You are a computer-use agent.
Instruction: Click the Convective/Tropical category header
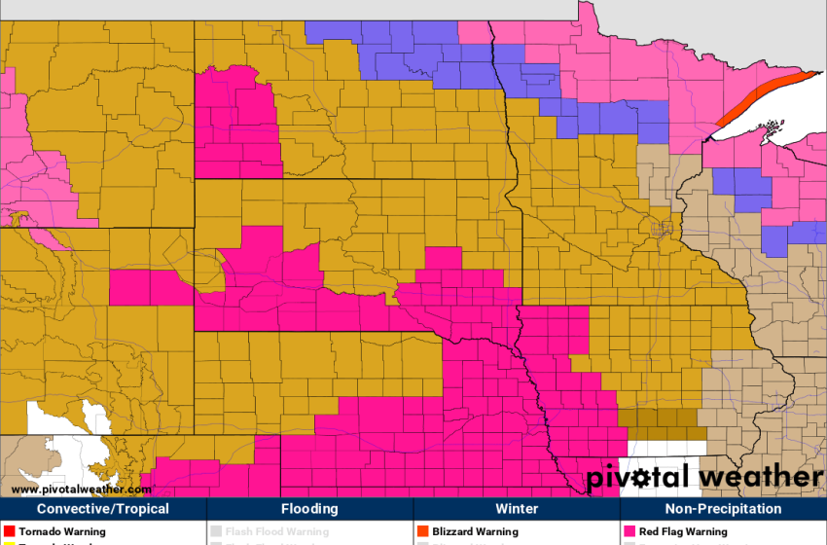(103, 509)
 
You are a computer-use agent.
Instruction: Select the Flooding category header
(309, 509)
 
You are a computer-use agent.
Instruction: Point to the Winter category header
(517, 509)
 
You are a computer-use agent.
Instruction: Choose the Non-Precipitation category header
(723, 509)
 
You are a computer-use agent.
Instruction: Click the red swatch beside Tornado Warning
(10, 532)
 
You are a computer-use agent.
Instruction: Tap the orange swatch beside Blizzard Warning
(423, 532)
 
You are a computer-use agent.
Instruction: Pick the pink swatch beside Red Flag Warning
(629, 532)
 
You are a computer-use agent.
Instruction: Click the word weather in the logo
(760, 478)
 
